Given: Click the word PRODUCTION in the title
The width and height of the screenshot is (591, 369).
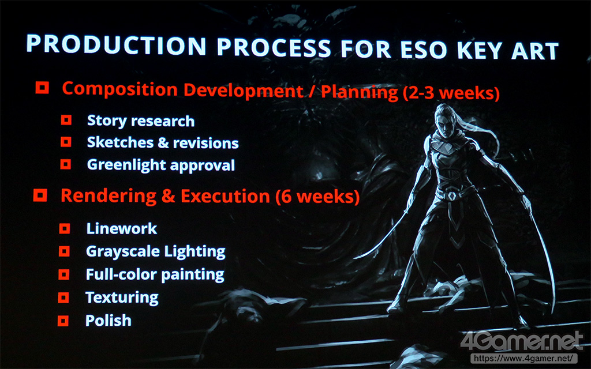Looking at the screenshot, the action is pyautogui.click(x=116, y=45).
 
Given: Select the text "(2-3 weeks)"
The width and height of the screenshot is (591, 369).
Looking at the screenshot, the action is pyautogui.click(x=451, y=93).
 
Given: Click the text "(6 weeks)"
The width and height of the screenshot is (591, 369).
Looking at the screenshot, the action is pyautogui.click(x=317, y=197).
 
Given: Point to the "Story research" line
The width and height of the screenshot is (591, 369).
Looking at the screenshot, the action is pyautogui.click(x=141, y=121).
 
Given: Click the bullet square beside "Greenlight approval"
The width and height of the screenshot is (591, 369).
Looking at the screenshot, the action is pyautogui.click(x=66, y=164).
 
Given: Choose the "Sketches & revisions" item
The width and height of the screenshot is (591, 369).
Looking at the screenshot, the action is pyautogui.click(x=163, y=143).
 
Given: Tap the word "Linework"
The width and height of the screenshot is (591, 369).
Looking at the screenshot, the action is pyautogui.click(x=121, y=228).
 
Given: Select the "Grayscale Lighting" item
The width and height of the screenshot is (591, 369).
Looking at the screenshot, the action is pyautogui.click(x=156, y=251).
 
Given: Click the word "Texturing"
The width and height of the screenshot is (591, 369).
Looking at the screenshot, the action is pyautogui.click(x=122, y=298).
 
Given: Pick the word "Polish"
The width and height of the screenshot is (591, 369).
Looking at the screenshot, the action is pyautogui.click(x=108, y=321).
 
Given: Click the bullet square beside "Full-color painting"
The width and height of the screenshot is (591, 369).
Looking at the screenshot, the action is pyautogui.click(x=63, y=274).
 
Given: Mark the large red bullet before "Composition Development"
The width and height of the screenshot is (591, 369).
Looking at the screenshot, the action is pyautogui.click(x=42, y=88).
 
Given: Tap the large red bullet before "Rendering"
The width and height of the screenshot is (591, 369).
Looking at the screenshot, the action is pyautogui.click(x=40, y=195).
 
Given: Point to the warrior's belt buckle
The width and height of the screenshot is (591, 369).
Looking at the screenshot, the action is pyautogui.click(x=452, y=196).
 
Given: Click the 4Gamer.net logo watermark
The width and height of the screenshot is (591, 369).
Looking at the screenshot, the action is pyautogui.click(x=522, y=341).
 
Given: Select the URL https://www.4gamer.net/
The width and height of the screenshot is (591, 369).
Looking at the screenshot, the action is pyautogui.click(x=524, y=358).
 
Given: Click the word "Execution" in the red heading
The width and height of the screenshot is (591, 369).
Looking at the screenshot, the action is pyautogui.click(x=225, y=196).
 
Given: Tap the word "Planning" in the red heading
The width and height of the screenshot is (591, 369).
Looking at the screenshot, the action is pyautogui.click(x=359, y=92).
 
